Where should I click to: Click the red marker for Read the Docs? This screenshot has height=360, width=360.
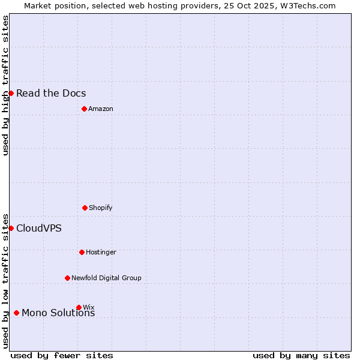click(x=11, y=93)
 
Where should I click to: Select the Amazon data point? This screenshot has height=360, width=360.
click(x=84, y=109)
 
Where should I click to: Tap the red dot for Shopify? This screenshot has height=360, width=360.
click(x=85, y=208)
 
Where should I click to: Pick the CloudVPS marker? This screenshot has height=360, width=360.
click(x=11, y=228)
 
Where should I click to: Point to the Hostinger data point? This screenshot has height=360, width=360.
click(x=82, y=252)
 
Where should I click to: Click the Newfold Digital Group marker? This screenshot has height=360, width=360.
click(x=67, y=278)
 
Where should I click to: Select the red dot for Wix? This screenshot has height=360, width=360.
click(x=79, y=307)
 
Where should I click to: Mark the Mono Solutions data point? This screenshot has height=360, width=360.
click(x=16, y=313)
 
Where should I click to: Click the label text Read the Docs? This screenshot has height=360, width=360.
click(x=51, y=93)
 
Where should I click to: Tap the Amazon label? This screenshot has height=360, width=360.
click(x=101, y=109)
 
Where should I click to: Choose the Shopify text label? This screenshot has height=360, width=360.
click(x=101, y=208)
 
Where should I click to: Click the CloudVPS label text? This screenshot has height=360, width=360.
click(x=39, y=228)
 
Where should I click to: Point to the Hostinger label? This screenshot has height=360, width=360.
click(x=101, y=252)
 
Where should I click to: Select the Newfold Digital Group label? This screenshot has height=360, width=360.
click(x=106, y=278)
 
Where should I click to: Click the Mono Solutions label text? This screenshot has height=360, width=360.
click(x=58, y=313)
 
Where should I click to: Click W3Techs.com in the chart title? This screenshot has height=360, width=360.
click(x=308, y=5)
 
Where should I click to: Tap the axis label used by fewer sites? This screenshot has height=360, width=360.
click(x=62, y=355)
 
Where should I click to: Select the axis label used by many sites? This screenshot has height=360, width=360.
click(x=301, y=355)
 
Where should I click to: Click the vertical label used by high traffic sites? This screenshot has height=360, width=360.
click(x=5, y=85)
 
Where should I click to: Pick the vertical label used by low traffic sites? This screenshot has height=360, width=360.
click(x=5, y=281)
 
